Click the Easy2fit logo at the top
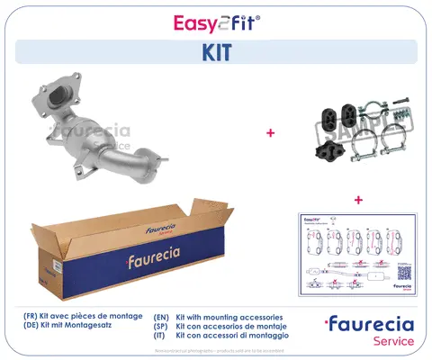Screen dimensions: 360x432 (215, 22)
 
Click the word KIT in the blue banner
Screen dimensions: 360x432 (216, 52)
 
